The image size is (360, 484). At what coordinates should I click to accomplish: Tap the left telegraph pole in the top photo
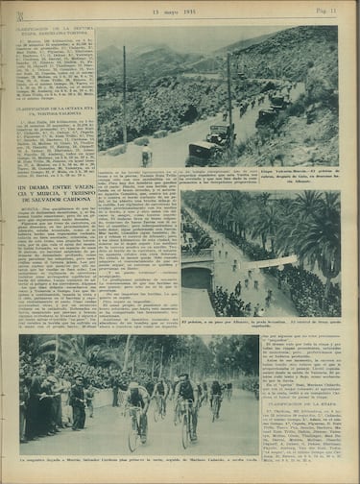click(125, 91)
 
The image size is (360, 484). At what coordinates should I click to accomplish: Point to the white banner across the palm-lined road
click(276, 261)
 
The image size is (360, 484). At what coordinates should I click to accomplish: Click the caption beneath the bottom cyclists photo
click(139, 464)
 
